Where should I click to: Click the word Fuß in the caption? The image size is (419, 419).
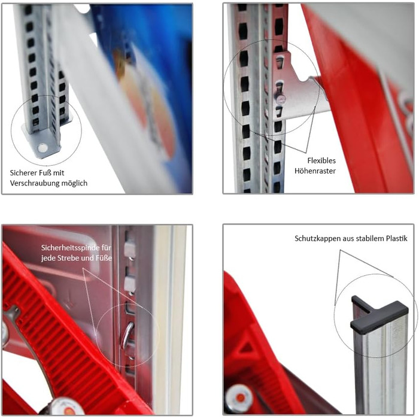click(x=44, y=172)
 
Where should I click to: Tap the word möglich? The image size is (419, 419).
click(x=74, y=183)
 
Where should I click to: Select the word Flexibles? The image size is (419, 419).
click(x=321, y=160)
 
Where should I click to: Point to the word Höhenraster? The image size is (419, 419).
click(x=315, y=171)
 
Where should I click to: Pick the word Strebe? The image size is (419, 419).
click(x=66, y=259)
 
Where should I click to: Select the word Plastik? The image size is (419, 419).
click(x=397, y=238)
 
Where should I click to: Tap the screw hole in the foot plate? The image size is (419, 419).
click(x=42, y=147)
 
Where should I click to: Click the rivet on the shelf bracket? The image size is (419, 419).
click(x=281, y=100)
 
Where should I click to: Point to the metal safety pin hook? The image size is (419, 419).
click(x=127, y=336)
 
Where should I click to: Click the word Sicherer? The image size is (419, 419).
click(x=23, y=172)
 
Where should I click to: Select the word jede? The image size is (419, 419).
click(x=48, y=259)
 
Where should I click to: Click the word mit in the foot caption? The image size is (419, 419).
click(x=59, y=173)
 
